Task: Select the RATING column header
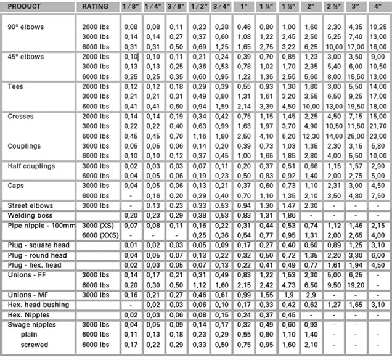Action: [x=95, y=6]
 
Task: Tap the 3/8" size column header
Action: [x=177, y=6]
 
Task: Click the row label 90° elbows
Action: [x=26, y=27]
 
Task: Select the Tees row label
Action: [x=15, y=87]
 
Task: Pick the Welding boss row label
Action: [x=30, y=215]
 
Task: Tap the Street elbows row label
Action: [x=30, y=205]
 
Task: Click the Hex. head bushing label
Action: [x=38, y=304]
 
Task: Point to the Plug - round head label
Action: [x=38, y=255]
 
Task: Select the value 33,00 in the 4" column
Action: [x=378, y=136]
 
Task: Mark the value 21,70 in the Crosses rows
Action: [x=378, y=126]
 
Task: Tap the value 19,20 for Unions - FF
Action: [x=356, y=284]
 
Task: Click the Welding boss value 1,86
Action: [x=288, y=215]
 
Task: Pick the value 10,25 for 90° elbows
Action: [x=378, y=27]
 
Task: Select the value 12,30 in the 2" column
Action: [x=311, y=136]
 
